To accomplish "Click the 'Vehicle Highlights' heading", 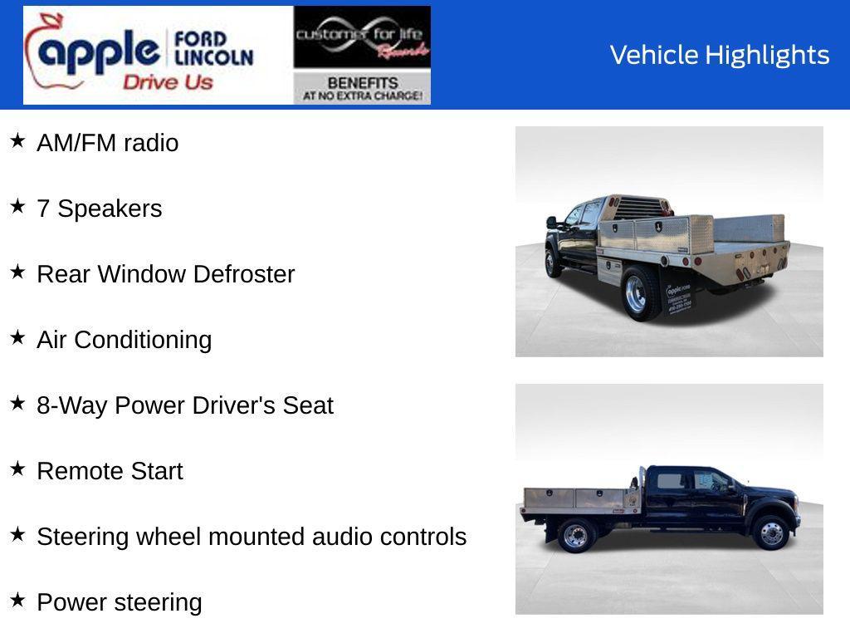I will coord(720,55).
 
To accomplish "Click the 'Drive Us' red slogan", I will coord(168,82).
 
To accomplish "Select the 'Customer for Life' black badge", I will coord(362,38).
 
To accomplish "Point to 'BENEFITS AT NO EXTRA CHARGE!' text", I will coord(362,88).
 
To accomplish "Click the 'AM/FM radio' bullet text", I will coord(108,143).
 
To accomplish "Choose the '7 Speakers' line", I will coord(100,209).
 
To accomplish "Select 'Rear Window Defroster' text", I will coord(166,274).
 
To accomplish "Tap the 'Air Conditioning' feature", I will coord(125,340).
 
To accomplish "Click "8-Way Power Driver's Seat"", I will coord(185,405).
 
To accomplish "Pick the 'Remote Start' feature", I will coord(110,471).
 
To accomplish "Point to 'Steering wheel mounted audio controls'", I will coord(252,537).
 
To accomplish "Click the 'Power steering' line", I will coord(120,602).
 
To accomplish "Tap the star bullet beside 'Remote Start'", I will coord(17,469).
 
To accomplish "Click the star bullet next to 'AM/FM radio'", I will coord(17,140).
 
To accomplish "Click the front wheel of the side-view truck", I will coord(771,533).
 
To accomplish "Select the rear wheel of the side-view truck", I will coord(575,535).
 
